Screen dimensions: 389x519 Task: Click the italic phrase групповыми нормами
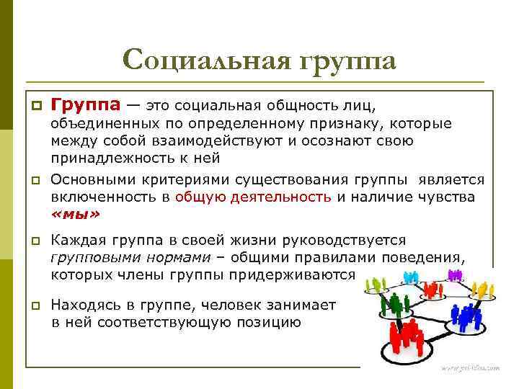[130, 257]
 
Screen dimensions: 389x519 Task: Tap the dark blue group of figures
[466, 316]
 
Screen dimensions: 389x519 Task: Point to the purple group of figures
[455, 274]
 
